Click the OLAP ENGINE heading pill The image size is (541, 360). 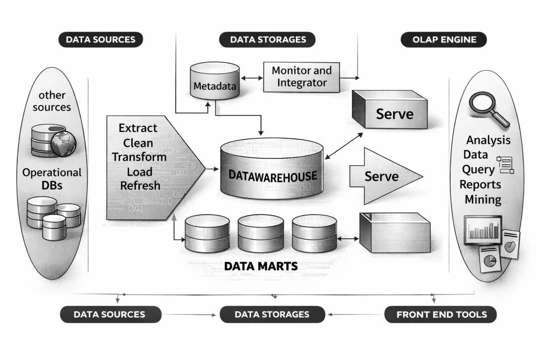pyautogui.click(x=443, y=40)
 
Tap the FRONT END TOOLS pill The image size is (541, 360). pyautogui.click(x=441, y=315)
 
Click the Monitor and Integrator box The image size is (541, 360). pyautogui.click(x=302, y=76)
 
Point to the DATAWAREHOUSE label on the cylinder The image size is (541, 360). pyautogui.click(x=273, y=176)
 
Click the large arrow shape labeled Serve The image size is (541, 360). pyautogui.click(x=385, y=176)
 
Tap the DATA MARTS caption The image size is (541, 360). pyautogui.click(x=261, y=266)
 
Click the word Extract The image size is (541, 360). pyautogui.click(x=138, y=128)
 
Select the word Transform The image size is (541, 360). pyautogui.click(x=139, y=157)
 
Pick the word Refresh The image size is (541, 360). pyautogui.click(x=140, y=185)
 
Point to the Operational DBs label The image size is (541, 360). pyautogui.click(x=52, y=178)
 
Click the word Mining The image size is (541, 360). pyautogui.click(x=483, y=200)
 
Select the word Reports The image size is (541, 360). pyautogui.click(x=480, y=185)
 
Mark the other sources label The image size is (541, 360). pyautogui.click(x=51, y=101)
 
